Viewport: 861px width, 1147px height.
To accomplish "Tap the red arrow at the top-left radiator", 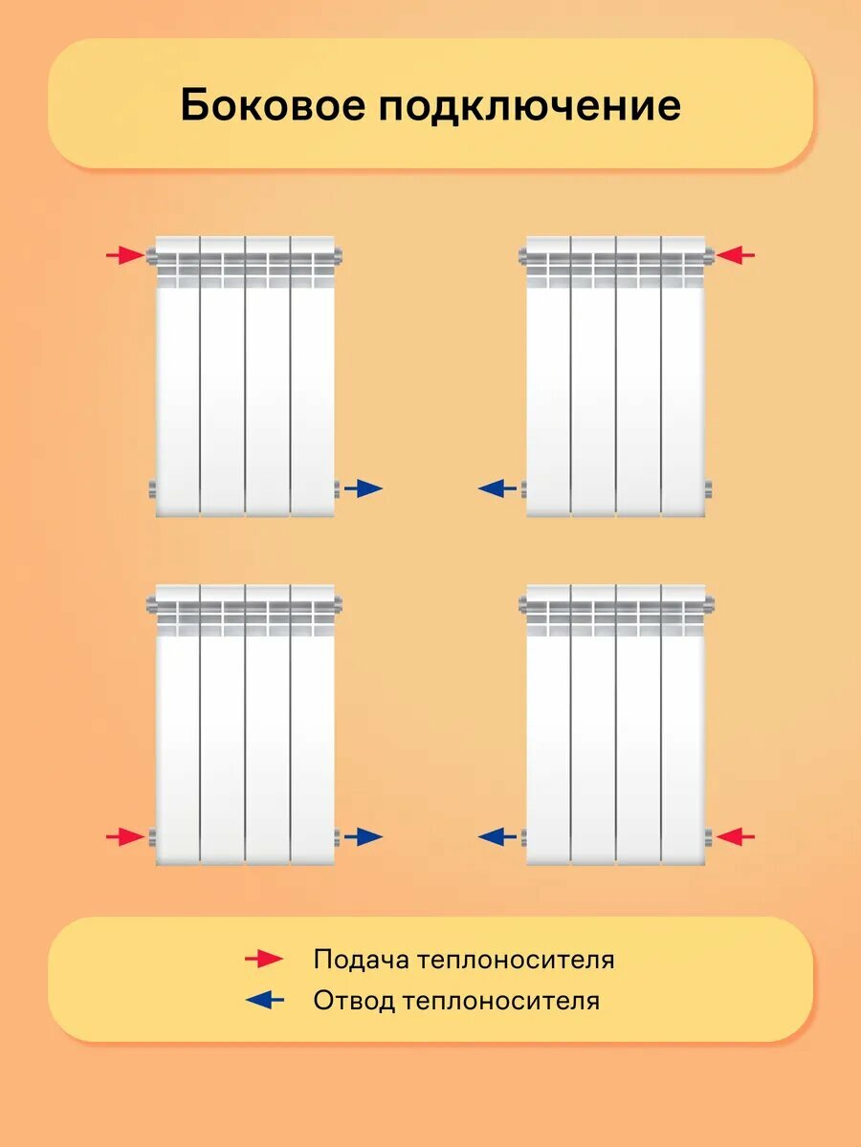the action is tap(124, 255).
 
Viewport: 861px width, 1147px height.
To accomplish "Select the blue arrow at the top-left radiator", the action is tap(364, 488).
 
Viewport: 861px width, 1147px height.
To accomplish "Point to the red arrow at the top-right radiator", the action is tap(736, 255).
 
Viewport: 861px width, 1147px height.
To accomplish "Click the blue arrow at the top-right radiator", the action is tap(497, 488).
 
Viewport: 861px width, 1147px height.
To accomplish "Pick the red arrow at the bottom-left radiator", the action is tap(124, 837).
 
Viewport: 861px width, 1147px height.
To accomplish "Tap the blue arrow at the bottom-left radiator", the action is tap(364, 837).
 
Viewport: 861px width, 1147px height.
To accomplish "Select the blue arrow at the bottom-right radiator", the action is tap(497, 837).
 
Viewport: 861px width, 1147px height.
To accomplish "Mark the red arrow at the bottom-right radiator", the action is tap(736, 837).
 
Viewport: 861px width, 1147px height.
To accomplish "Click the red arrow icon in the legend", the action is tap(264, 959).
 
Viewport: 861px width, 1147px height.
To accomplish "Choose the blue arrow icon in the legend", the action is tap(265, 1001).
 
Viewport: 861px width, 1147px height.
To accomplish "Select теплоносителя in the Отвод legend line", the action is tap(501, 1001).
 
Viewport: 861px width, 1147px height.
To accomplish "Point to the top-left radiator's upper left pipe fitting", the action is tap(151, 255).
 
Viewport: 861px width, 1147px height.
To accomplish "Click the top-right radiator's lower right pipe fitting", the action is tap(709, 489).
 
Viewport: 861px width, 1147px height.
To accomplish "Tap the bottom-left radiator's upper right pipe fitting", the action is tap(338, 604).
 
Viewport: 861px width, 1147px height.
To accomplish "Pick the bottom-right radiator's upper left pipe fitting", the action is tap(522, 604).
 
